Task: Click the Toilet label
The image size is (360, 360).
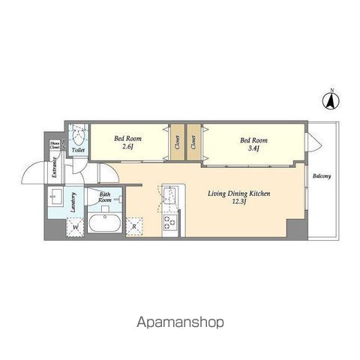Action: pos(78,150)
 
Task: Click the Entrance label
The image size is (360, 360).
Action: pos(55,172)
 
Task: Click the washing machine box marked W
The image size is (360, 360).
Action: pos(76,226)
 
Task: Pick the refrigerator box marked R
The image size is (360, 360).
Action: pos(135,226)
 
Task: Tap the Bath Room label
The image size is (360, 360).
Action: pos(105,198)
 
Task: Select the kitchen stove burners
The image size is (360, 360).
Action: pos(169,222)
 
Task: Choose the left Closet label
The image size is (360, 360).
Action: pos(177,142)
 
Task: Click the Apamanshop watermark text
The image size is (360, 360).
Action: pos(180,323)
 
